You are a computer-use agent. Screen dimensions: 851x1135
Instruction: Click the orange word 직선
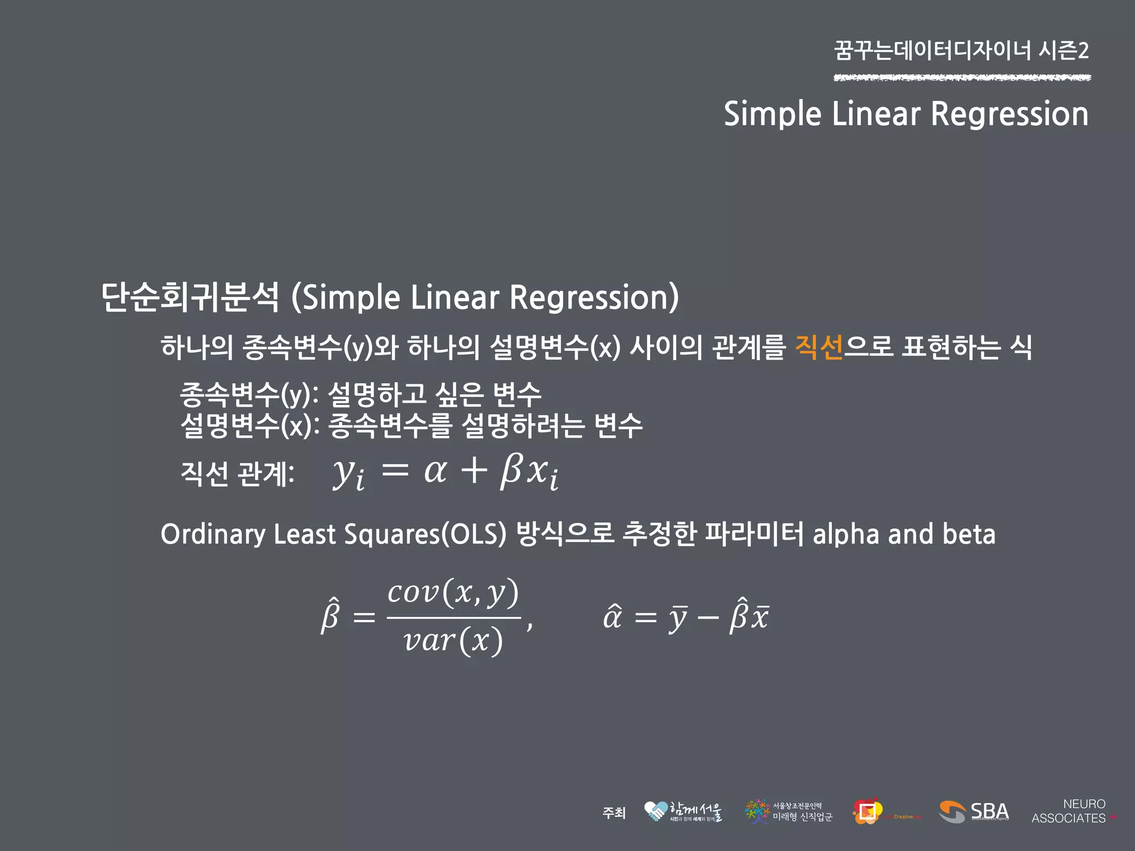coord(819,348)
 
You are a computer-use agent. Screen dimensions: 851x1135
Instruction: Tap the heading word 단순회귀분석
coord(190,298)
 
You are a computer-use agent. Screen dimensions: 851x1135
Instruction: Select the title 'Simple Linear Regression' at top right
coord(906,114)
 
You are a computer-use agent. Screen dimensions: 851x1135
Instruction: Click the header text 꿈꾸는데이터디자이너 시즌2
coord(961,51)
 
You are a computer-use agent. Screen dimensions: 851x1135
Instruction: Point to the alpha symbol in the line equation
coord(435,471)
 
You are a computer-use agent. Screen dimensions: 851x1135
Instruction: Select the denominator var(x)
coord(453,641)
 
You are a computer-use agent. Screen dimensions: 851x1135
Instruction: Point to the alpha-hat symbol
coord(612,616)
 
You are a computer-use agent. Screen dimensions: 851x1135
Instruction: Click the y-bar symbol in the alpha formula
coord(678,618)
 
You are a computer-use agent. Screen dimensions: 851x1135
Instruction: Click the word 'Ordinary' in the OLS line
coord(213,535)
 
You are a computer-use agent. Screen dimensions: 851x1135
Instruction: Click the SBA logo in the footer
coord(974,812)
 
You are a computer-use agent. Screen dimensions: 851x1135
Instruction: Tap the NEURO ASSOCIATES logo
coord(1071,811)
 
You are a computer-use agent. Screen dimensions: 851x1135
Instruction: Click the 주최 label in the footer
coord(614,813)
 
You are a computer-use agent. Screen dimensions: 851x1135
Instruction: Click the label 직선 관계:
coord(237,474)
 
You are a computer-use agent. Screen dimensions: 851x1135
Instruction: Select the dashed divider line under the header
coord(962,78)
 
